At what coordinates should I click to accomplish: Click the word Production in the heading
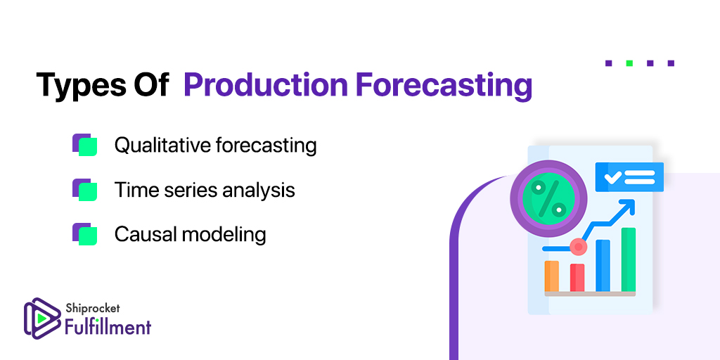(265, 85)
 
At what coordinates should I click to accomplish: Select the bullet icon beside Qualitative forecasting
(85, 145)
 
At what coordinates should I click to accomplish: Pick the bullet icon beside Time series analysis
(85, 189)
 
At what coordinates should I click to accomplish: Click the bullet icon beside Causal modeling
(85, 233)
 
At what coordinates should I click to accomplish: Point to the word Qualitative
(162, 145)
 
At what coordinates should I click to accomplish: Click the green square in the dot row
(629, 63)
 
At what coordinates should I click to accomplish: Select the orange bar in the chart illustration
(551, 276)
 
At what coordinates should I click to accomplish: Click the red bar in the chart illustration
(577, 277)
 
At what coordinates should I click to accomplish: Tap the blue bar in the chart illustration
(603, 265)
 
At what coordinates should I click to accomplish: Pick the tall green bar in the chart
(629, 259)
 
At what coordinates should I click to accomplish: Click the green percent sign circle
(548, 198)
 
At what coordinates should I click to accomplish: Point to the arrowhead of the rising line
(628, 205)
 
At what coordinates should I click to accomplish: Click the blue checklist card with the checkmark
(629, 176)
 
